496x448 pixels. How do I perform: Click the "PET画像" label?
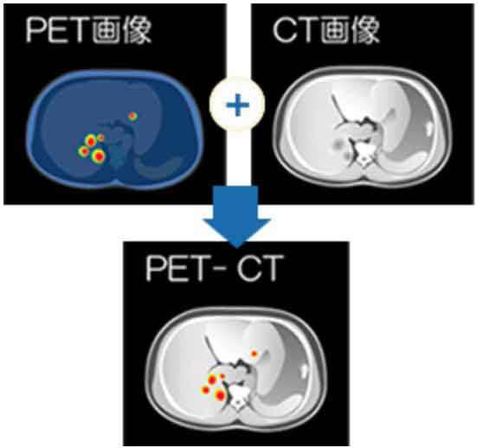[88, 30]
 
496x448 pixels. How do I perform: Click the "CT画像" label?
[326, 29]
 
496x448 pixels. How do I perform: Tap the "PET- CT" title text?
[214, 268]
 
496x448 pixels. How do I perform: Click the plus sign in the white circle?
[237, 105]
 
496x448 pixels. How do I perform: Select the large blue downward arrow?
[236, 216]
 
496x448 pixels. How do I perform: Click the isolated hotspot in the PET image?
[132, 116]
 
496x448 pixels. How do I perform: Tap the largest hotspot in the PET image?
[99, 157]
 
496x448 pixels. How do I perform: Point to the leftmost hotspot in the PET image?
[84, 151]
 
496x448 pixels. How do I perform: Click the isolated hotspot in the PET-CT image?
[254, 354]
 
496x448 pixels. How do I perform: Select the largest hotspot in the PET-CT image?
[220, 395]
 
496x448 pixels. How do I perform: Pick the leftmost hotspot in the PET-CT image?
[206, 390]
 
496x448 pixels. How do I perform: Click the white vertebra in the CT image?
[364, 155]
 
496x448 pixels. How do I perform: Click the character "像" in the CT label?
[366, 29]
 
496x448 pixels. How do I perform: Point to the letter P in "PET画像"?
[35, 30]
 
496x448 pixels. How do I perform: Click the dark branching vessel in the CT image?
[341, 111]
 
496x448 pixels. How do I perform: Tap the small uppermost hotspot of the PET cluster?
[100, 138]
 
